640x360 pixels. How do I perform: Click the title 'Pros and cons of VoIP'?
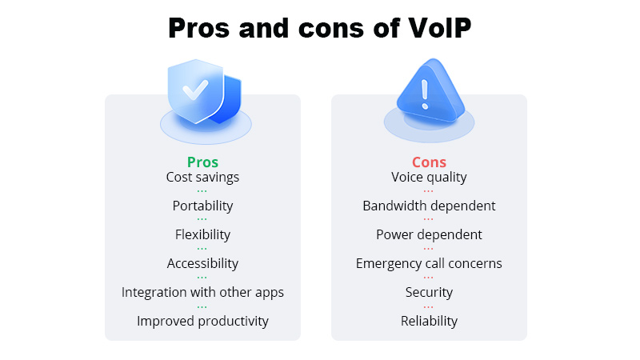coord(320,28)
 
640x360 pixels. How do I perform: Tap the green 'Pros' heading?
coord(202,162)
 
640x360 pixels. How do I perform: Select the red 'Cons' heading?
coord(429,162)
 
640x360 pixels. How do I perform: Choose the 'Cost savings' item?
coord(202,177)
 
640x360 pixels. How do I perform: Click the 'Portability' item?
coord(202,206)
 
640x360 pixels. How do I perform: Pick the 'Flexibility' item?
coord(202,234)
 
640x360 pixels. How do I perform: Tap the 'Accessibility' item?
coord(202,263)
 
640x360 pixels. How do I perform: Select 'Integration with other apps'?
coord(202,292)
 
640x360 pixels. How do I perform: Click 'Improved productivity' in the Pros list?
coord(202,321)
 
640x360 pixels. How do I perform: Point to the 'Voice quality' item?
coord(429,177)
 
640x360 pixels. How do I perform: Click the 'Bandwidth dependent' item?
coord(429,206)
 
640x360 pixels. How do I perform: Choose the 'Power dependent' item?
coord(429,234)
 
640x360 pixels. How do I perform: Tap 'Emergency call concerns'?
coord(429,263)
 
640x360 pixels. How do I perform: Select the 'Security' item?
coord(429,292)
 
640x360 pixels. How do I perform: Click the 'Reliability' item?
coord(429,321)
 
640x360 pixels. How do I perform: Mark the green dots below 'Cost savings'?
coord(202,191)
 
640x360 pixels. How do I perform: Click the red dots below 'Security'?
coord(429,306)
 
